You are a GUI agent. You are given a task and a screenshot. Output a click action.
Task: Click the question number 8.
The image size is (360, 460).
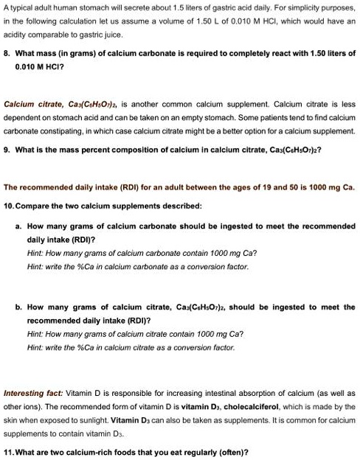[7, 54]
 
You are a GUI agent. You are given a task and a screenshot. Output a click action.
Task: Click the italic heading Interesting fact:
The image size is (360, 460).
[33, 394]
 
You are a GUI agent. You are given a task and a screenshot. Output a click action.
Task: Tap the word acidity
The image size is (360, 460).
[17, 35]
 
